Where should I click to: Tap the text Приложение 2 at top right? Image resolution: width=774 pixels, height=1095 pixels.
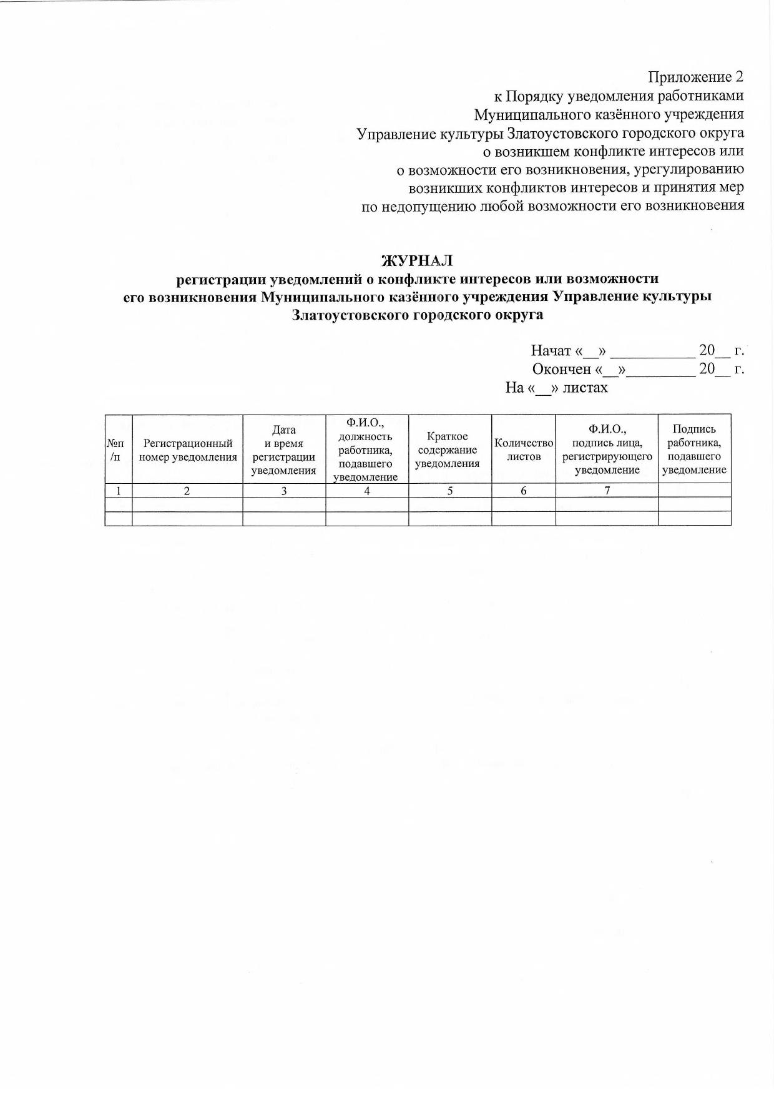[696, 77]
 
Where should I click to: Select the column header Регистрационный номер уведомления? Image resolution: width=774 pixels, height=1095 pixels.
[188, 449]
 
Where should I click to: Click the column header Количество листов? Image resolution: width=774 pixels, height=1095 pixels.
[524, 449]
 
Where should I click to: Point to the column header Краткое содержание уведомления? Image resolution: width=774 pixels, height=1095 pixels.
[447, 449]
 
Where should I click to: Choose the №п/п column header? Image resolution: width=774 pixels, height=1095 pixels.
[119, 449]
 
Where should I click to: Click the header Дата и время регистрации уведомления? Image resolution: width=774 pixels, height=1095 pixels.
[284, 449]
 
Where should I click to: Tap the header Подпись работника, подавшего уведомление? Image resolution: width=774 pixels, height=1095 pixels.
[694, 449]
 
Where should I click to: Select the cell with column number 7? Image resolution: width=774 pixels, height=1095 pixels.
[607, 491]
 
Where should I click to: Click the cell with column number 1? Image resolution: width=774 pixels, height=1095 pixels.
[119, 491]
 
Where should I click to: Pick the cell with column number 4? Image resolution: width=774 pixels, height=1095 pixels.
[367, 491]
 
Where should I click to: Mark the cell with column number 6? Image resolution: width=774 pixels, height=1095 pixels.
[524, 491]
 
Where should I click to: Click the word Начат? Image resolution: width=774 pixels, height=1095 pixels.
[551, 350]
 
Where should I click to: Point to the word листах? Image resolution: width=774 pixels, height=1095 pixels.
[585, 388]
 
